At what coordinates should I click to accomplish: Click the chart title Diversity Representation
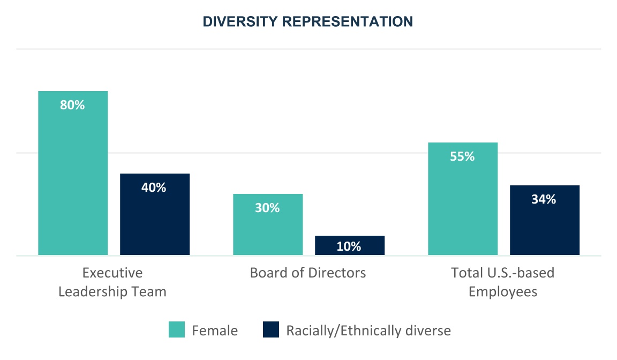click(308, 21)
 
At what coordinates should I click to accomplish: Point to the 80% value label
click(72, 105)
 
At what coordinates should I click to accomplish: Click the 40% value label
click(154, 187)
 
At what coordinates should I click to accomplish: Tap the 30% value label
click(267, 208)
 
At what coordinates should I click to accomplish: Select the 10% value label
click(349, 246)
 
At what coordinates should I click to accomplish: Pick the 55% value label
click(462, 156)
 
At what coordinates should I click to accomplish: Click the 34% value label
click(544, 199)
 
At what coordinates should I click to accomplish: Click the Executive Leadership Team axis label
click(112, 282)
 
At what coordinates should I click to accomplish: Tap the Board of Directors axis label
click(308, 273)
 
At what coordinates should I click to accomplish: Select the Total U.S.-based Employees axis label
click(503, 282)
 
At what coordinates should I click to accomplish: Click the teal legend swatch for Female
click(177, 330)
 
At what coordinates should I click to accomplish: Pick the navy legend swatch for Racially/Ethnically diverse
click(271, 330)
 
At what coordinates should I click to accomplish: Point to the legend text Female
click(215, 331)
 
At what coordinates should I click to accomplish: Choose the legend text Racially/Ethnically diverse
click(368, 331)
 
